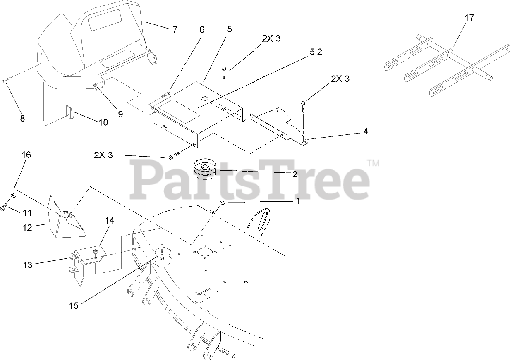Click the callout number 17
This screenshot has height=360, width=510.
point(469,18)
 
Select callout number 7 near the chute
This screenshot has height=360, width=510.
point(175,29)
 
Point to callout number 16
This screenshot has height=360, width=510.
point(26,155)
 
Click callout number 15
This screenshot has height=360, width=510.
point(74,305)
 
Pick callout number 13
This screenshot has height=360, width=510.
point(27,265)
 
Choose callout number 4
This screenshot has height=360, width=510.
point(366,131)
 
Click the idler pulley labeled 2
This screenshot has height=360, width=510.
point(207,170)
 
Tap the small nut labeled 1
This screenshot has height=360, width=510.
point(222,203)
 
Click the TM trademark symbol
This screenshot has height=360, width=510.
point(373,163)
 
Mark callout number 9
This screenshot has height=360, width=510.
point(120,114)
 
